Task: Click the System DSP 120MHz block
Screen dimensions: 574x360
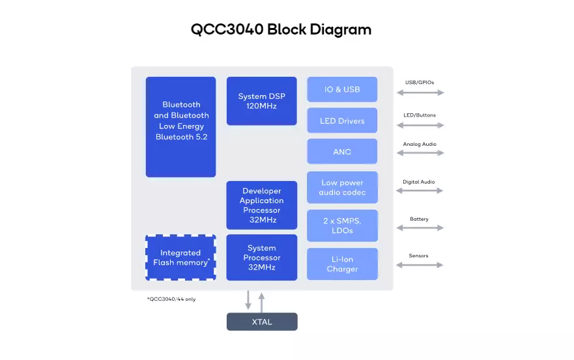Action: (261, 101)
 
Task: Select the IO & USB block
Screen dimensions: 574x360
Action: (342, 89)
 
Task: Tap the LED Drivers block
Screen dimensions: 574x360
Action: (342, 120)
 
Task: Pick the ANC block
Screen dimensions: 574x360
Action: (342, 151)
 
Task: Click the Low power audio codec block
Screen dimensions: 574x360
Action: (342, 187)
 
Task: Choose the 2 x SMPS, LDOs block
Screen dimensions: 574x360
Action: (342, 225)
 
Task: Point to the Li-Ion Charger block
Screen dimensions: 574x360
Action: (342, 264)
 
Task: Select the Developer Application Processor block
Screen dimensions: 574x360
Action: (262, 205)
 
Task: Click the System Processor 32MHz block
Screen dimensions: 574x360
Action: (262, 258)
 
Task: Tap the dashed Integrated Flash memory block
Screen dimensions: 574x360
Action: (181, 258)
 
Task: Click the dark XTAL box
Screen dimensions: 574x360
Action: (262, 322)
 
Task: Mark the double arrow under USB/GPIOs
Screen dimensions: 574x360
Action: (420, 92)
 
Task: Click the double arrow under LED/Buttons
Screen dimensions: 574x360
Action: (420, 125)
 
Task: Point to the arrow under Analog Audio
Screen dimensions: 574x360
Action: (420, 153)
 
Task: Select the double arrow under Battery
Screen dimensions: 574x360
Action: (420, 228)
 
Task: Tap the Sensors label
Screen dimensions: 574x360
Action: (418, 256)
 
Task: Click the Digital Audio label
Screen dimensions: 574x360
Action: (419, 182)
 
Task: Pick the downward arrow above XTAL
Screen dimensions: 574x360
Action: (248, 300)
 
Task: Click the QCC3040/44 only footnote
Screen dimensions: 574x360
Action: (171, 299)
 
